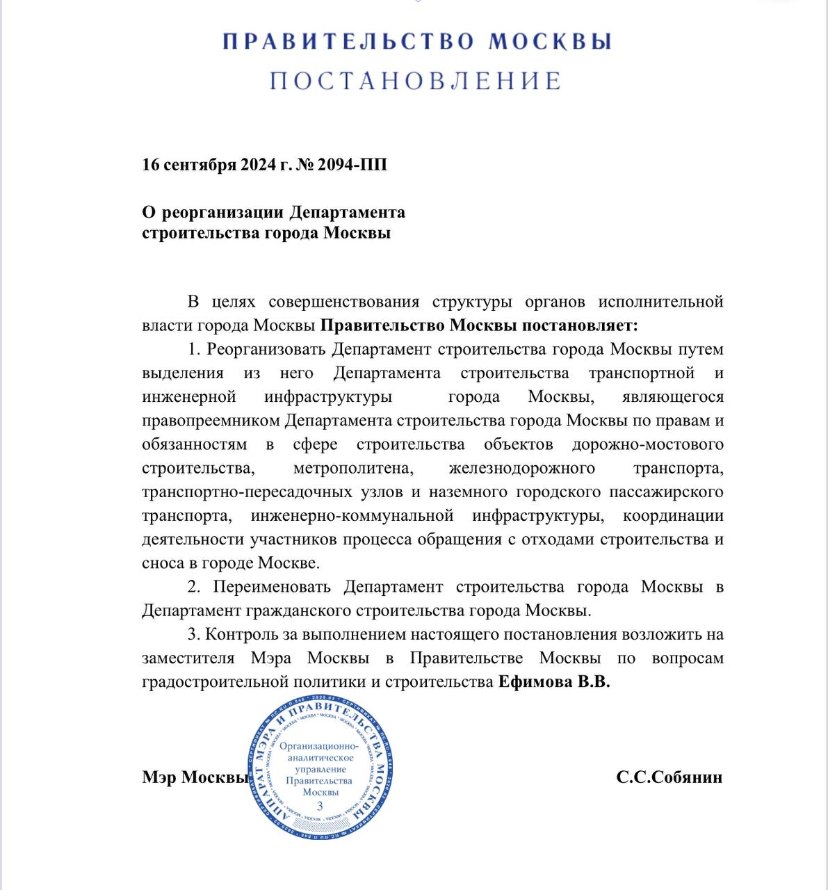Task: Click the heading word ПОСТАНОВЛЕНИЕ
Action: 415,81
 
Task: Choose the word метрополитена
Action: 353,468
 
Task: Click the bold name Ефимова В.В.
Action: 554,682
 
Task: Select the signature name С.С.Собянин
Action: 669,777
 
